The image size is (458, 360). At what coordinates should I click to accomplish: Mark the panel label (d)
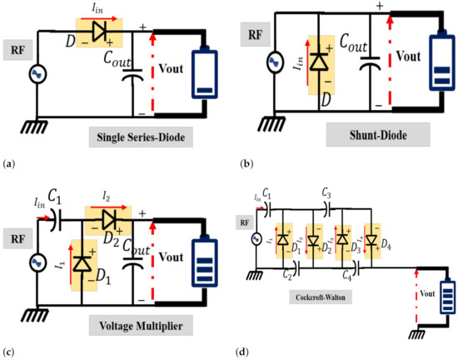[242, 350]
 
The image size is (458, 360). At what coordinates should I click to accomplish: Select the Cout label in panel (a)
[138, 57]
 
